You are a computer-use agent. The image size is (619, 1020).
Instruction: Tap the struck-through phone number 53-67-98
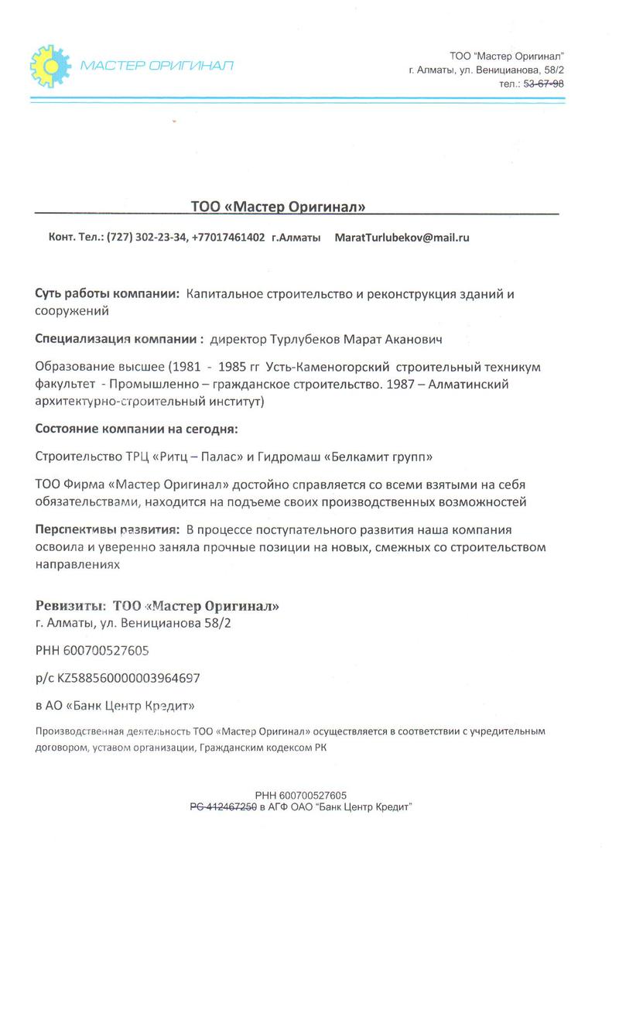click(x=544, y=84)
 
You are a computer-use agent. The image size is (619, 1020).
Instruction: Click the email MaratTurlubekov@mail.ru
click(x=402, y=238)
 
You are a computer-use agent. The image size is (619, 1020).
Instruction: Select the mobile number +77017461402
click(x=228, y=238)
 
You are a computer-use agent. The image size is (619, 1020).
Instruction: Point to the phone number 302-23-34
click(x=160, y=238)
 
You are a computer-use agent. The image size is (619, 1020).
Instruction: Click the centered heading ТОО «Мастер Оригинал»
click(x=278, y=207)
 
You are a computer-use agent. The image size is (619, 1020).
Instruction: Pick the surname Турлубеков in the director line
click(x=308, y=339)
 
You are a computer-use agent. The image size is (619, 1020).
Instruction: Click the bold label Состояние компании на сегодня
click(x=136, y=429)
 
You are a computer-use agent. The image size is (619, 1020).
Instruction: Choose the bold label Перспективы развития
click(x=107, y=530)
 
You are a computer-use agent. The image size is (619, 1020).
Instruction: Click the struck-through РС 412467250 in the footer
click(x=224, y=806)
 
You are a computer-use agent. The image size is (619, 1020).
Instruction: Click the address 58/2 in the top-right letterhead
click(x=552, y=70)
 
